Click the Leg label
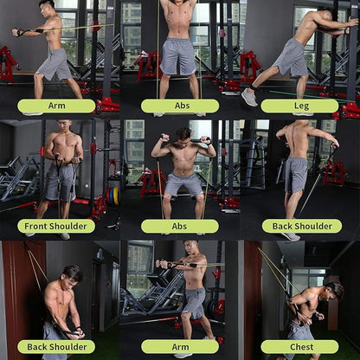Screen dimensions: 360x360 point(299,106)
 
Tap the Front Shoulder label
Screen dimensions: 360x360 point(56,226)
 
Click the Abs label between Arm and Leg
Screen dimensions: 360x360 point(179,106)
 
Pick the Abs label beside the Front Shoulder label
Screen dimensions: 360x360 point(179,226)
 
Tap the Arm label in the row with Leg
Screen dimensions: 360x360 point(56,106)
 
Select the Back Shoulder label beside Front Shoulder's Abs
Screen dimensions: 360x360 point(302,226)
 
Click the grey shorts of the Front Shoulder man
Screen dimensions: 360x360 point(60,182)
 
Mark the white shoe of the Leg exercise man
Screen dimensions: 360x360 point(250,97)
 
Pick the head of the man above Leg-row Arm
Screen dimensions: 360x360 point(48,8)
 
